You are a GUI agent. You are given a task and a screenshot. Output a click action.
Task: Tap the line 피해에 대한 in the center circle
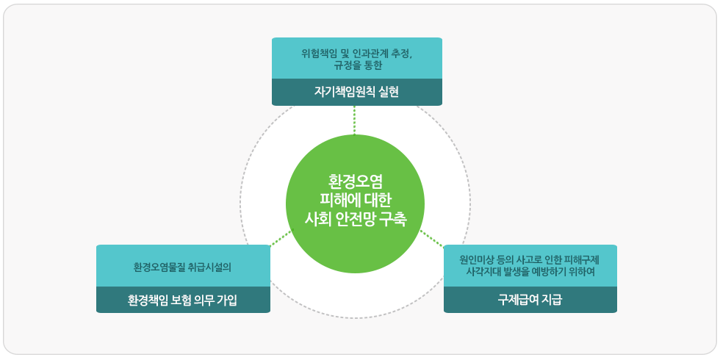click(x=356, y=199)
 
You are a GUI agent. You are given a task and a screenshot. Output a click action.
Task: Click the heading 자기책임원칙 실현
click(x=356, y=93)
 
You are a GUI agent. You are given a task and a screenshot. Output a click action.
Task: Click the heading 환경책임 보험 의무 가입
click(x=182, y=300)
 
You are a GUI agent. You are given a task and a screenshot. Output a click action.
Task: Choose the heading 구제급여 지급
click(x=530, y=300)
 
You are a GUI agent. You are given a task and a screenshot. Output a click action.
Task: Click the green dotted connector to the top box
click(x=354, y=120)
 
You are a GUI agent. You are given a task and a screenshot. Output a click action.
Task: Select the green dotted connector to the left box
click(x=281, y=237)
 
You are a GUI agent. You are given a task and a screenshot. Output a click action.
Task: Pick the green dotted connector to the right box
click(x=432, y=238)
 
